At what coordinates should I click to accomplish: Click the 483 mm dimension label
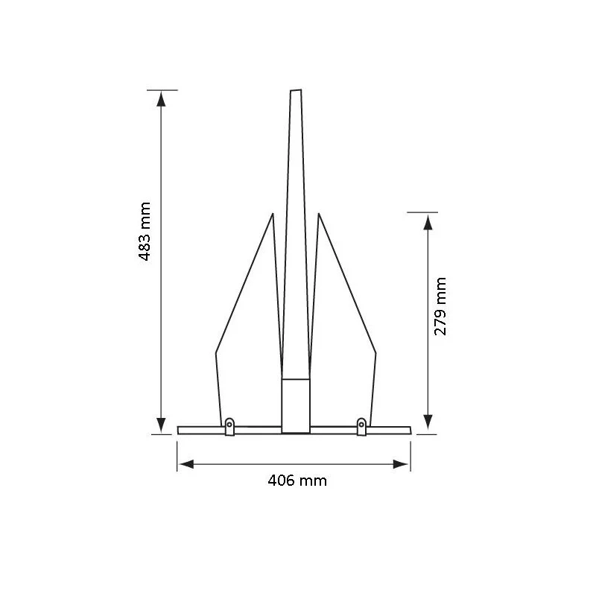click(145, 231)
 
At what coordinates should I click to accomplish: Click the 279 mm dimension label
click(440, 306)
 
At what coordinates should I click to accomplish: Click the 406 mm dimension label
click(297, 481)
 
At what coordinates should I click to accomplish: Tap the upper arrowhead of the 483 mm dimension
click(161, 99)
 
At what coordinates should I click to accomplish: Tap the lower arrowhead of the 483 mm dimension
click(161, 425)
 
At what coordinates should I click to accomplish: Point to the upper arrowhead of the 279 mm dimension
click(428, 222)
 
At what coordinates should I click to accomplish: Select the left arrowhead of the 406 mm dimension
click(187, 464)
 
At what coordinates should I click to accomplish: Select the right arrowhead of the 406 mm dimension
click(401, 464)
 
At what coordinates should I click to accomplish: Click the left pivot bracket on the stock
click(229, 427)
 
